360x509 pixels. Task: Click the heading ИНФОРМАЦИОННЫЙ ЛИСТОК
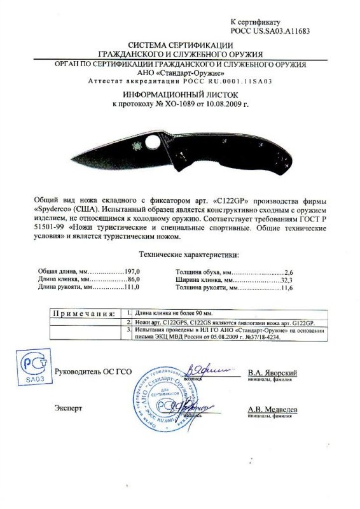179,93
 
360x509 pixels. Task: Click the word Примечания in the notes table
83,314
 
